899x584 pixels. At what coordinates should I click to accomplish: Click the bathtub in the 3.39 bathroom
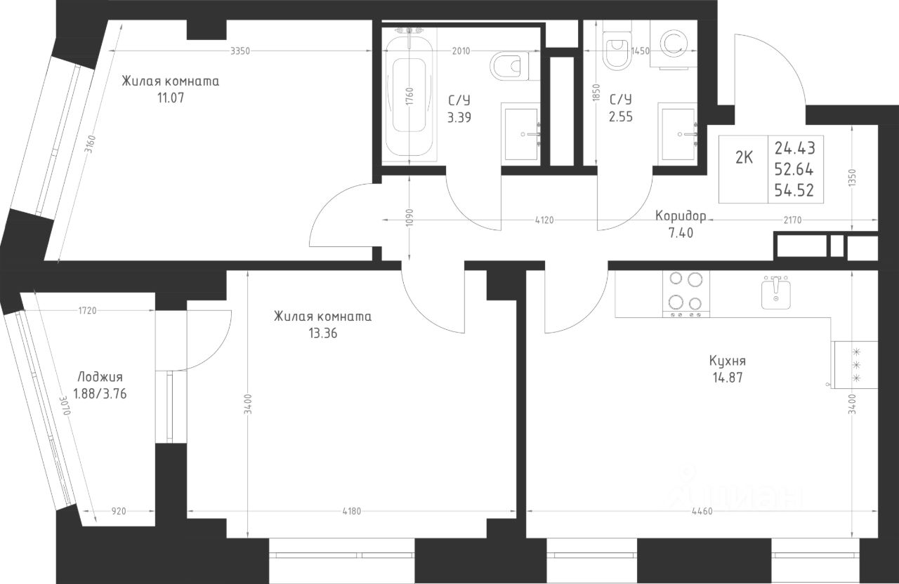[409, 95]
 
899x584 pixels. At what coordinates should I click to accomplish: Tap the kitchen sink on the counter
[776, 293]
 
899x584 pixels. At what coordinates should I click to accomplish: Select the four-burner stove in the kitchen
[686, 294]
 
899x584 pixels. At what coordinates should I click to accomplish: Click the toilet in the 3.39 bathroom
[510, 66]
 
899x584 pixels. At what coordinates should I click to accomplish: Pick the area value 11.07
[171, 98]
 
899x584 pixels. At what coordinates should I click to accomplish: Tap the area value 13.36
[322, 333]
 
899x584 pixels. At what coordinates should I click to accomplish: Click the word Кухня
[727, 361]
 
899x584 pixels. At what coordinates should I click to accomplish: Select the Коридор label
[681, 216]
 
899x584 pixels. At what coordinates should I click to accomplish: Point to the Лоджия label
[100, 378]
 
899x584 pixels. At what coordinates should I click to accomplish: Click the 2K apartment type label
[744, 158]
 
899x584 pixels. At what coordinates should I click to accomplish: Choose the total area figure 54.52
[794, 190]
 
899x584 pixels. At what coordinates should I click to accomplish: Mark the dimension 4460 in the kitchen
[702, 511]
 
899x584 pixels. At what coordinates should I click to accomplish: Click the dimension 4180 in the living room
[352, 511]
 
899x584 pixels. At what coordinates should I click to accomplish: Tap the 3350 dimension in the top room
[240, 51]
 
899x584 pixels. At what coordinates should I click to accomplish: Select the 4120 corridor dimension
[544, 220]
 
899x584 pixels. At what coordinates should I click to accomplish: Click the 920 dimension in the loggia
[119, 511]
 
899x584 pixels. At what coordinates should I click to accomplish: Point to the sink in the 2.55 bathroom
[677, 133]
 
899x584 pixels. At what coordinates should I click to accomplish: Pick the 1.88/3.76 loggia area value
[100, 394]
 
